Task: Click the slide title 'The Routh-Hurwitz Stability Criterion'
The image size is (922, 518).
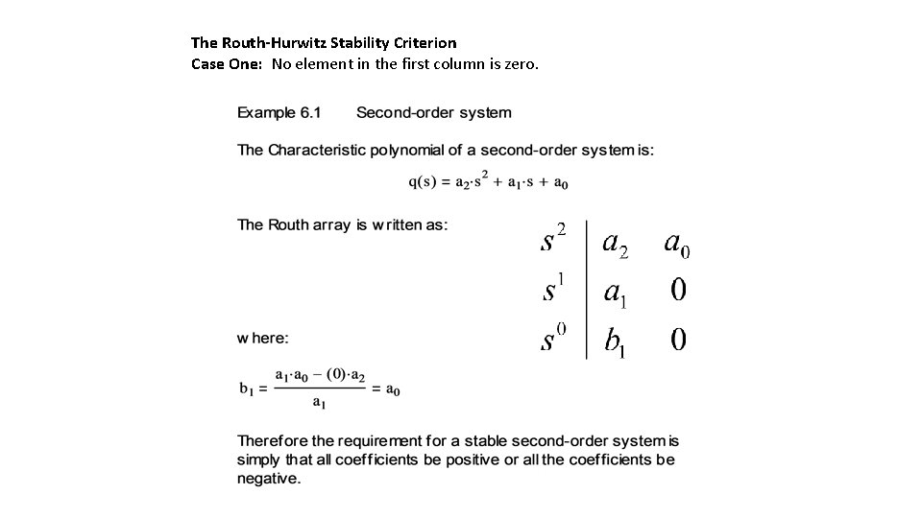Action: coord(324,43)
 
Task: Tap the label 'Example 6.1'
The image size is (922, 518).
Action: coord(279,113)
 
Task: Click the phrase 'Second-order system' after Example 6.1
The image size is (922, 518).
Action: coord(434,113)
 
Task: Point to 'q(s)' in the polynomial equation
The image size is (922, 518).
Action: coord(423,182)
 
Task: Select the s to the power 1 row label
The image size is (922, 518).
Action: coord(551,289)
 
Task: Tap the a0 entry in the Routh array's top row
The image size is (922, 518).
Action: coord(677,244)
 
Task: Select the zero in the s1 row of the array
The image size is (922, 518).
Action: coord(678,290)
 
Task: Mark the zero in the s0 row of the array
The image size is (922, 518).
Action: coord(678,340)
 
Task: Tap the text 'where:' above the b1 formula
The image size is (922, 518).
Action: coord(263,338)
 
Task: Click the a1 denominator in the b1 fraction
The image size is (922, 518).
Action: coord(318,404)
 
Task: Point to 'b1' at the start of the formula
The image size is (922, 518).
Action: coord(248,389)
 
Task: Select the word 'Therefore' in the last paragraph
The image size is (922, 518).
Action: coord(273,441)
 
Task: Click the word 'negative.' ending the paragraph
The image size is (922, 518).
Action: coord(269,478)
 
